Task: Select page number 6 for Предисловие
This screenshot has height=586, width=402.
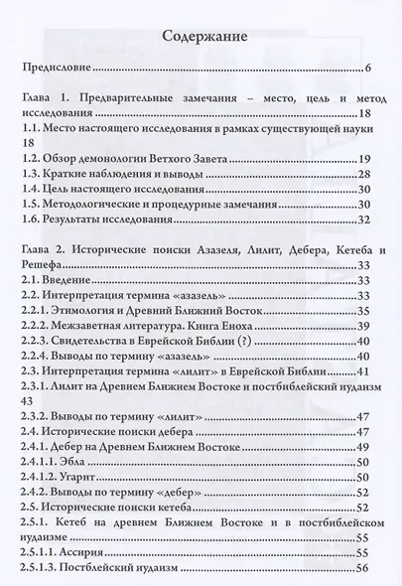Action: pos(367,69)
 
